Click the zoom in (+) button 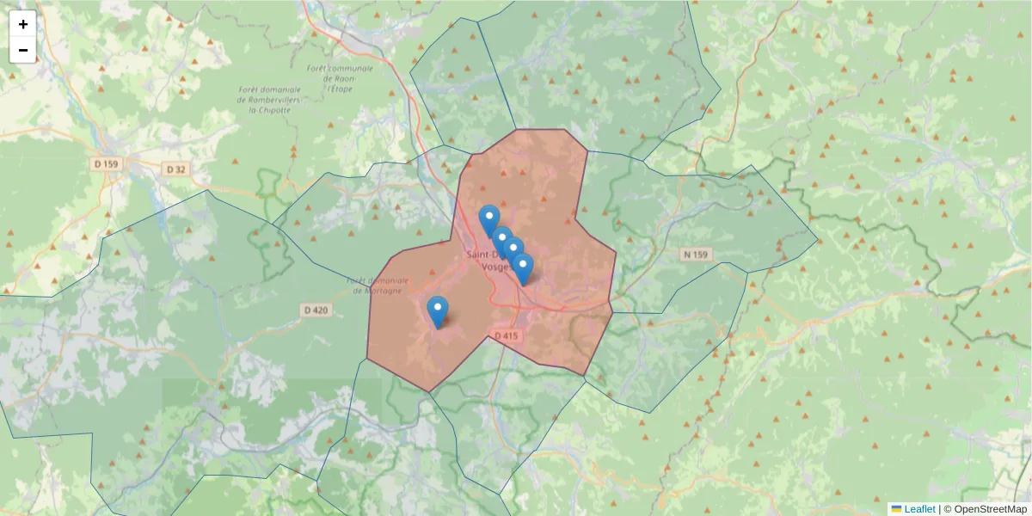click(x=23, y=24)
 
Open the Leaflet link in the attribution click(x=918, y=508)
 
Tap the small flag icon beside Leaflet click(x=896, y=508)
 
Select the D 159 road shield click(x=108, y=163)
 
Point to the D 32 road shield click(x=175, y=169)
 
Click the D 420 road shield click(x=316, y=310)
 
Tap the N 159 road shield click(x=697, y=255)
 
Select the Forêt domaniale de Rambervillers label click(x=270, y=99)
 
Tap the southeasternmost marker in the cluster click(x=523, y=267)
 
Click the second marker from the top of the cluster click(x=502, y=241)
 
